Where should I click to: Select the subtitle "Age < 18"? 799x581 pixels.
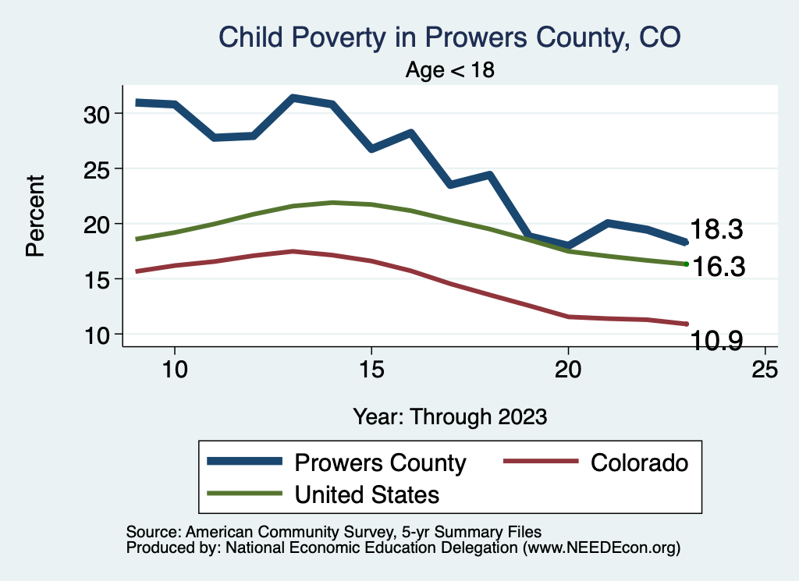coord(450,70)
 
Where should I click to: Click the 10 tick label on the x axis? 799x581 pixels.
coord(174,370)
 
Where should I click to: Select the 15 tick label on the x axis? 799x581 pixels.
coord(371,370)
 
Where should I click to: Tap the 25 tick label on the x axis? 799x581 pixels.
coord(765,370)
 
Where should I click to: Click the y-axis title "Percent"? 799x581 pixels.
coord(34,216)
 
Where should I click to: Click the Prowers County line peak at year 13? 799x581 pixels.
coord(293,98)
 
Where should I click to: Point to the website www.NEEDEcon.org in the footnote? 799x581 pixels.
coord(599,548)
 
